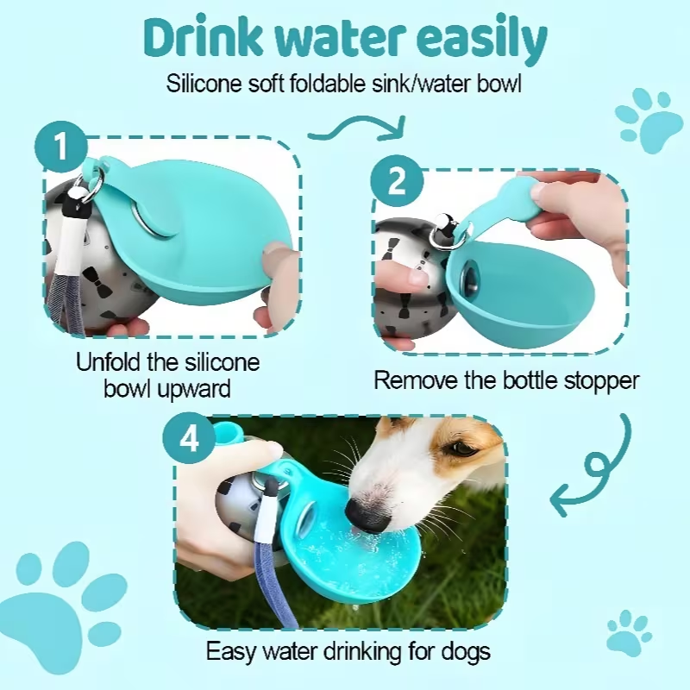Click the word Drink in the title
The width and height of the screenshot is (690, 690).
pos(201,37)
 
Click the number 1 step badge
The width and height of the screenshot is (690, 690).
pos(61,147)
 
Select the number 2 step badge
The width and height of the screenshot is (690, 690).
pos(397,181)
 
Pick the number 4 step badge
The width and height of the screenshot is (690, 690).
pos(189,438)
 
